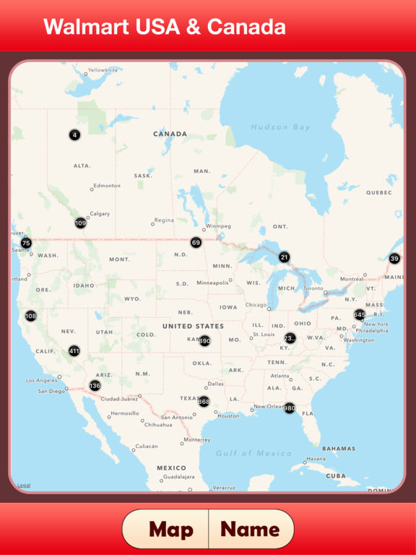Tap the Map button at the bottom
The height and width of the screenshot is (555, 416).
[x=171, y=530]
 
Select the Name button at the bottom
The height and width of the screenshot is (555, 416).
[x=250, y=530]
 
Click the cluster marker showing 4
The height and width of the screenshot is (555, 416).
[x=74, y=135]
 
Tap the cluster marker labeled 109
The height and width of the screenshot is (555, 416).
[x=80, y=223]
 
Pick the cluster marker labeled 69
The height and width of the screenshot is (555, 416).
[x=196, y=243]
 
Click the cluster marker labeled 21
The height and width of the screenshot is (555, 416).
[x=284, y=257]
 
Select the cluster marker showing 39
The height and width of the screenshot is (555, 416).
[x=394, y=259]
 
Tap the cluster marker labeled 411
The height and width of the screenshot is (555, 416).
[x=74, y=351]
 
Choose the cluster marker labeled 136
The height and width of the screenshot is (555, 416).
[x=95, y=386]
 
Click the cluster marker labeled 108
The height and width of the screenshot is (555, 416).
[x=30, y=316]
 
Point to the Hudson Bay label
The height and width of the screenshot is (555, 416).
[x=280, y=127]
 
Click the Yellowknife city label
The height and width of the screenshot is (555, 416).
[x=103, y=70]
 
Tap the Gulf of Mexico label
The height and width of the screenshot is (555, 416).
[x=254, y=454]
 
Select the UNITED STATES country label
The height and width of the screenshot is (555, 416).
[x=193, y=326]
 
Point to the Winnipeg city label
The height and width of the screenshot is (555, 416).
[x=218, y=226]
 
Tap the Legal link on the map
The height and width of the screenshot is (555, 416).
[x=24, y=485]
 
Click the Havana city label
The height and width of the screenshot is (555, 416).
[x=316, y=459]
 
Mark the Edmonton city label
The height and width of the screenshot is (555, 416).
[x=107, y=186]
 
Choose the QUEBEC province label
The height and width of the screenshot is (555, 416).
[x=378, y=193]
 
